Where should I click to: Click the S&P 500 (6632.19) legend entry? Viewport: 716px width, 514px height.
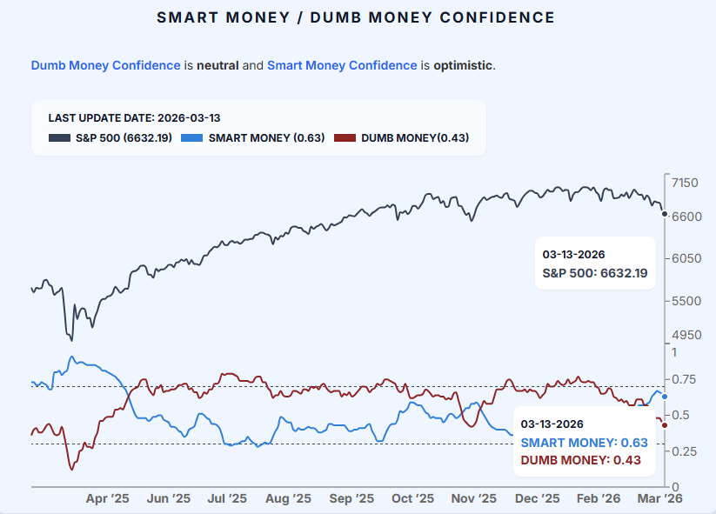pyautogui.click(x=109, y=137)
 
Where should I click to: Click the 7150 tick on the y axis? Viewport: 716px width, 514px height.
pyautogui.click(x=685, y=182)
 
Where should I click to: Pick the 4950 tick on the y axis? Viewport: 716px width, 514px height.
pyautogui.click(x=685, y=335)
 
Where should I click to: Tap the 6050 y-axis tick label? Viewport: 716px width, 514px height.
pyautogui.click(x=685, y=258)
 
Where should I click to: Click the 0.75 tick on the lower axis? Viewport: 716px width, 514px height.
pyautogui.click(x=685, y=379)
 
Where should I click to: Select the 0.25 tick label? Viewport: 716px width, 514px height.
pyautogui.click(x=685, y=451)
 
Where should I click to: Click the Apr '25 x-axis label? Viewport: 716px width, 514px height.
pyautogui.click(x=108, y=498)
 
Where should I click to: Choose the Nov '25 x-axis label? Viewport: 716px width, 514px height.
pyautogui.click(x=475, y=498)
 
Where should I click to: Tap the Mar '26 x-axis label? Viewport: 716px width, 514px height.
pyautogui.click(x=661, y=498)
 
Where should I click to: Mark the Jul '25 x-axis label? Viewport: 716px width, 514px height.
pyautogui.click(x=226, y=498)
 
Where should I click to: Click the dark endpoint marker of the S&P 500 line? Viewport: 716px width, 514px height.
pyautogui.click(x=665, y=213)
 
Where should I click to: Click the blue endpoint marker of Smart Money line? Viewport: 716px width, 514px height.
pyautogui.click(x=665, y=397)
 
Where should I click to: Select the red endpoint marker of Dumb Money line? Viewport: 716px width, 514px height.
pyautogui.click(x=665, y=424)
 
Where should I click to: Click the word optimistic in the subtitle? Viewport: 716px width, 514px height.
pyautogui.click(x=463, y=65)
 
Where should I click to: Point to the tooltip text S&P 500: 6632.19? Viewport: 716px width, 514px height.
pyautogui.click(x=595, y=273)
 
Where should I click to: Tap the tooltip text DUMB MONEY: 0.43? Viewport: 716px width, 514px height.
pyautogui.click(x=580, y=460)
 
